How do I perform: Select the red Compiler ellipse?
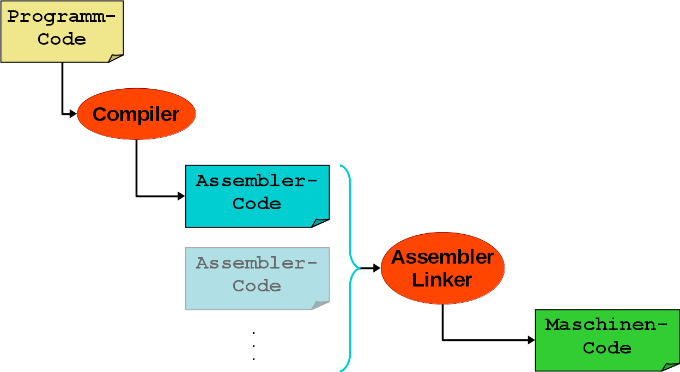coord(136,114)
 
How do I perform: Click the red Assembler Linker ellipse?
coord(442,268)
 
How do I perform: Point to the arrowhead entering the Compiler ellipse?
coord(73,114)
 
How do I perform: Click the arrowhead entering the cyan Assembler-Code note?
coord(181,196)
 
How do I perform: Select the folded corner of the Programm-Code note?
coord(116,58)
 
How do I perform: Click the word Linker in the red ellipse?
coord(442,280)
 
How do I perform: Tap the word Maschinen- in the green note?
coord(606,325)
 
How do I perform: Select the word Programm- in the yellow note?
coord(62,16)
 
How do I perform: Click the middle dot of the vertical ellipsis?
coord(254,345)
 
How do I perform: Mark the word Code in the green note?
coord(607,348)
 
